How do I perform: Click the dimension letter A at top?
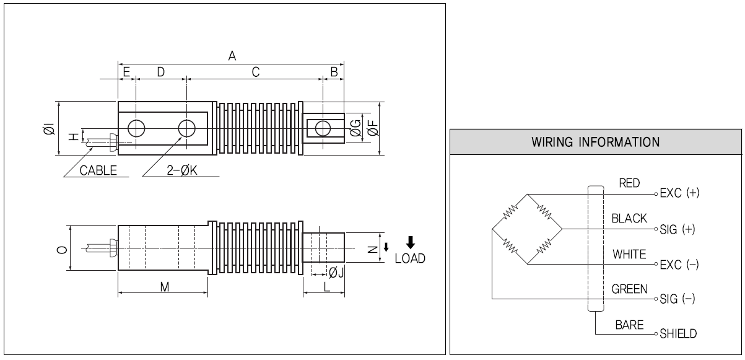coord(232,56)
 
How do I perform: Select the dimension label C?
coord(255,72)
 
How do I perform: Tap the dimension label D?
coord(160,72)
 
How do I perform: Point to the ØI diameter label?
coord(51,129)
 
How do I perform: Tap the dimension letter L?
coord(326,286)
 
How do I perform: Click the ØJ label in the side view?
coord(336,272)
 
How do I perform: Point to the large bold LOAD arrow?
coord(411,242)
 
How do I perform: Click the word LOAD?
coord(411,258)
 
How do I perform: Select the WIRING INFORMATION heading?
coord(596,142)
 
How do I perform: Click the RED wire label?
coord(630,183)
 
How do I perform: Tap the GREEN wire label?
coord(630,289)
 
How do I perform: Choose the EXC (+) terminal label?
coord(679,193)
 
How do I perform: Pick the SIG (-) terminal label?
coord(677,299)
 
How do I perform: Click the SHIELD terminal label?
coord(678,334)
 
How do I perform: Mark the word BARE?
coord(629,324)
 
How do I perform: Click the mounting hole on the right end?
coord(322,129)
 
